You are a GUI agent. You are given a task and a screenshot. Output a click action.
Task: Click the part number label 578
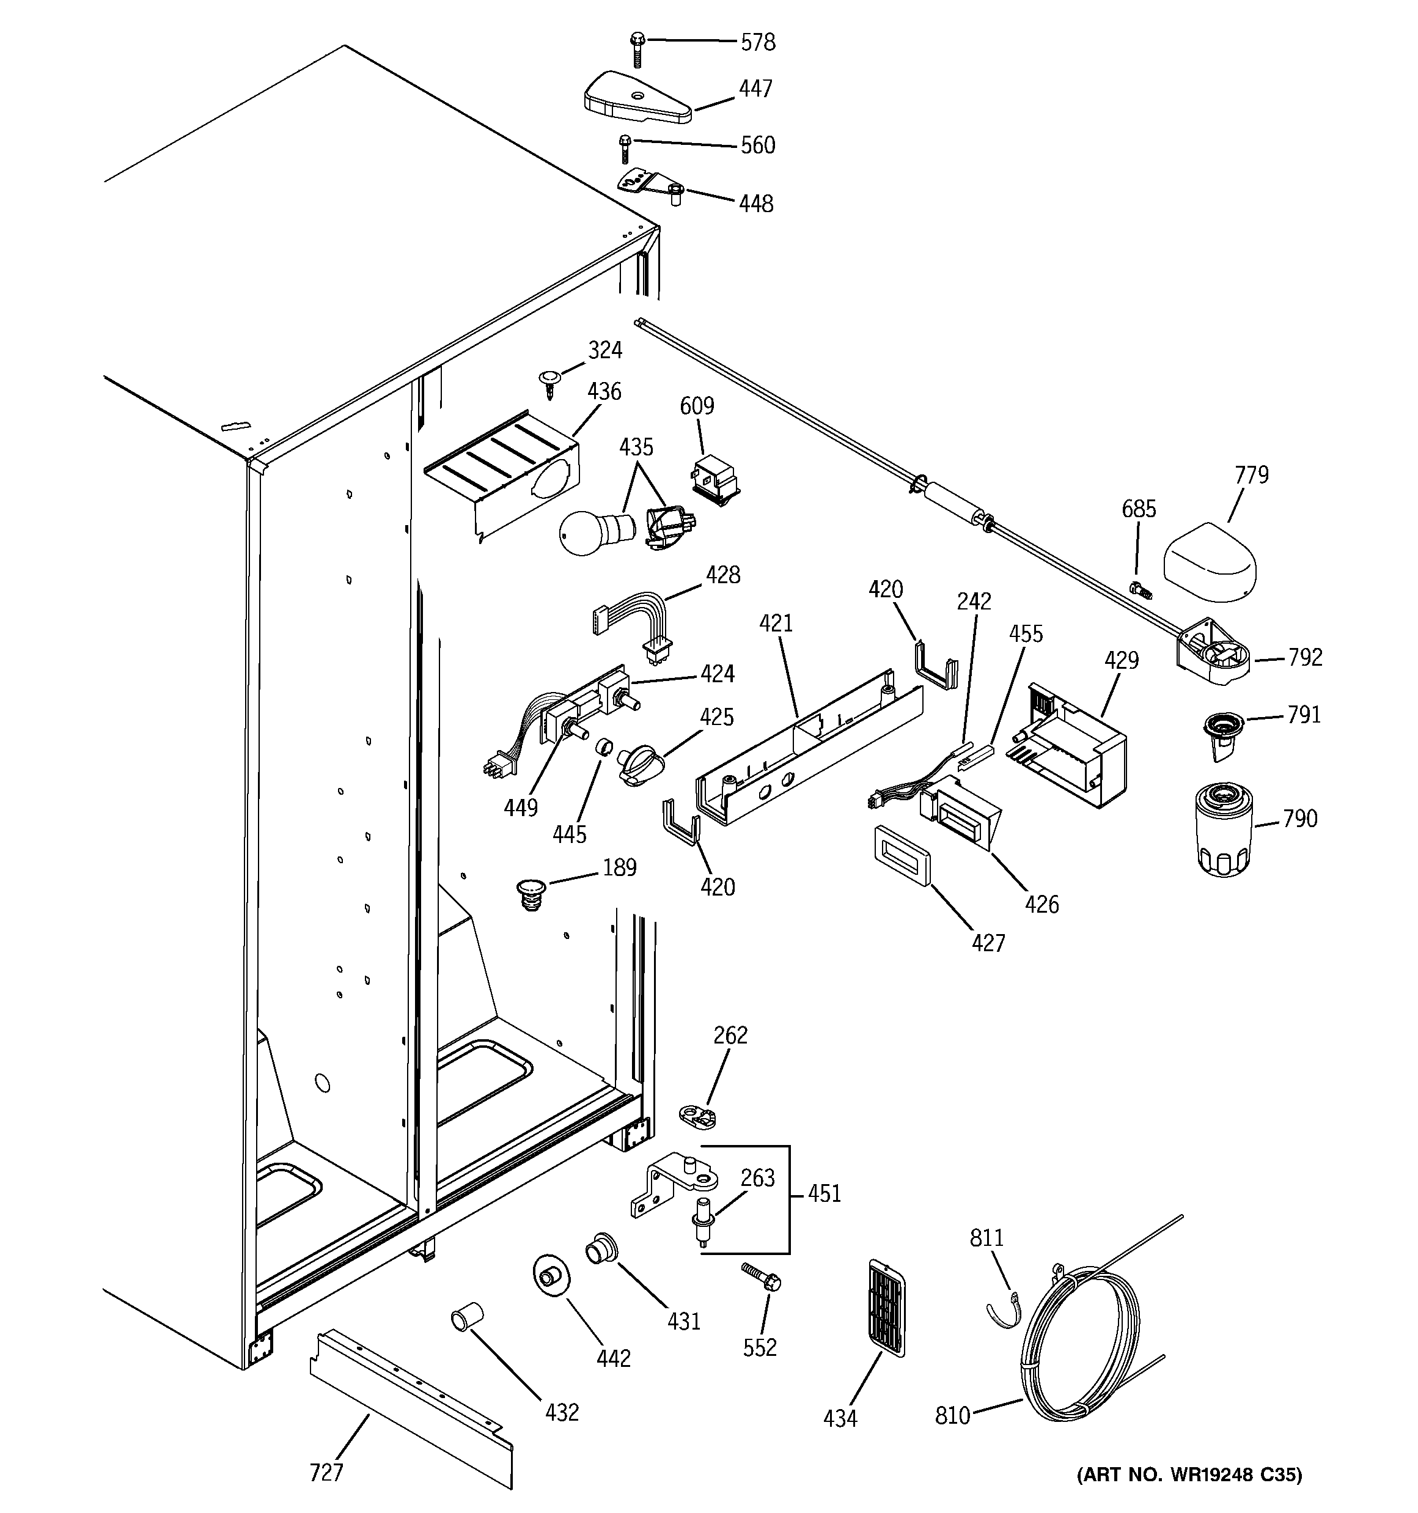758,43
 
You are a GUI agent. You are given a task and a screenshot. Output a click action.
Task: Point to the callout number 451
825,1193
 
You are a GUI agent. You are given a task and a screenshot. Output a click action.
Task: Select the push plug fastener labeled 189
531,894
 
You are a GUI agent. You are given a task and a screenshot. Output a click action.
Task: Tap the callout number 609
697,407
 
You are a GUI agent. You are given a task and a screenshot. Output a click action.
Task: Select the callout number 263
757,1178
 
